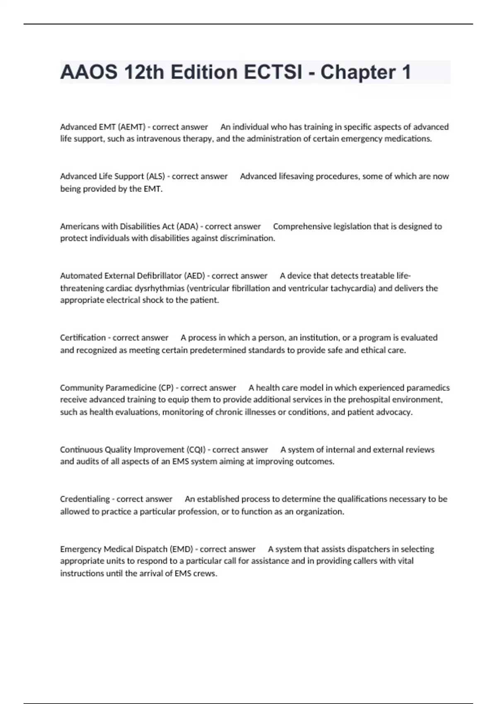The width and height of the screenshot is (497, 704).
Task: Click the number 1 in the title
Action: point(405,72)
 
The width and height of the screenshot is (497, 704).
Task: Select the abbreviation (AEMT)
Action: point(132,127)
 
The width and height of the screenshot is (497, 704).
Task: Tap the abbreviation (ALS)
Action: point(155,176)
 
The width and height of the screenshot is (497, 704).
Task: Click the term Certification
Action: point(83,338)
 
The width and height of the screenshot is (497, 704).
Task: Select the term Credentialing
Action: point(85,499)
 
